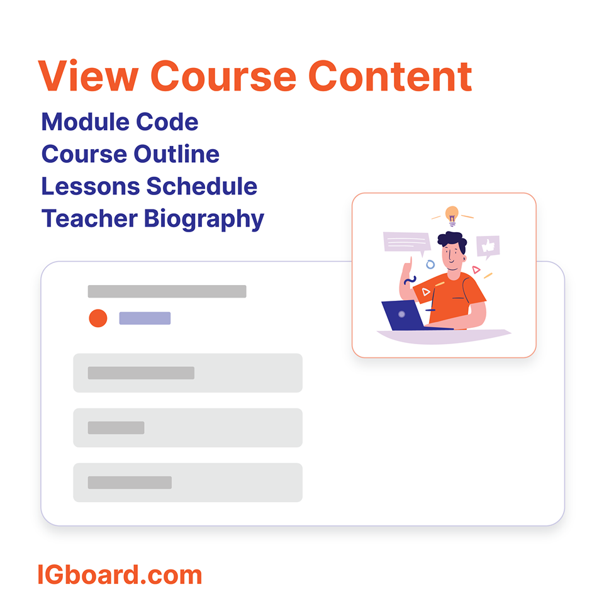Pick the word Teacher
pyautogui.click(x=89, y=219)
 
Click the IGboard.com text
pyautogui.click(x=120, y=575)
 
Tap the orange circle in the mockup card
pyautogui.click(x=98, y=318)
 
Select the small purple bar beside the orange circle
pyautogui.click(x=145, y=318)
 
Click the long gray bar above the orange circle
pyautogui.click(x=167, y=291)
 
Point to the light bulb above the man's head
pyautogui.click(x=452, y=215)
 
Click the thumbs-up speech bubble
pyautogui.click(x=488, y=247)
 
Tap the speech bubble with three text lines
pyautogui.click(x=406, y=242)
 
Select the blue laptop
pyautogui.click(x=403, y=315)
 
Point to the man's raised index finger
pyautogui.click(x=410, y=261)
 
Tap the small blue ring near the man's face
pyautogui.click(x=430, y=264)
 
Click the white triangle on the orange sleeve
pyautogui.click(x=426, y=291)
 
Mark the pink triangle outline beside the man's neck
pyautogui.click(x=476, y=269)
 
